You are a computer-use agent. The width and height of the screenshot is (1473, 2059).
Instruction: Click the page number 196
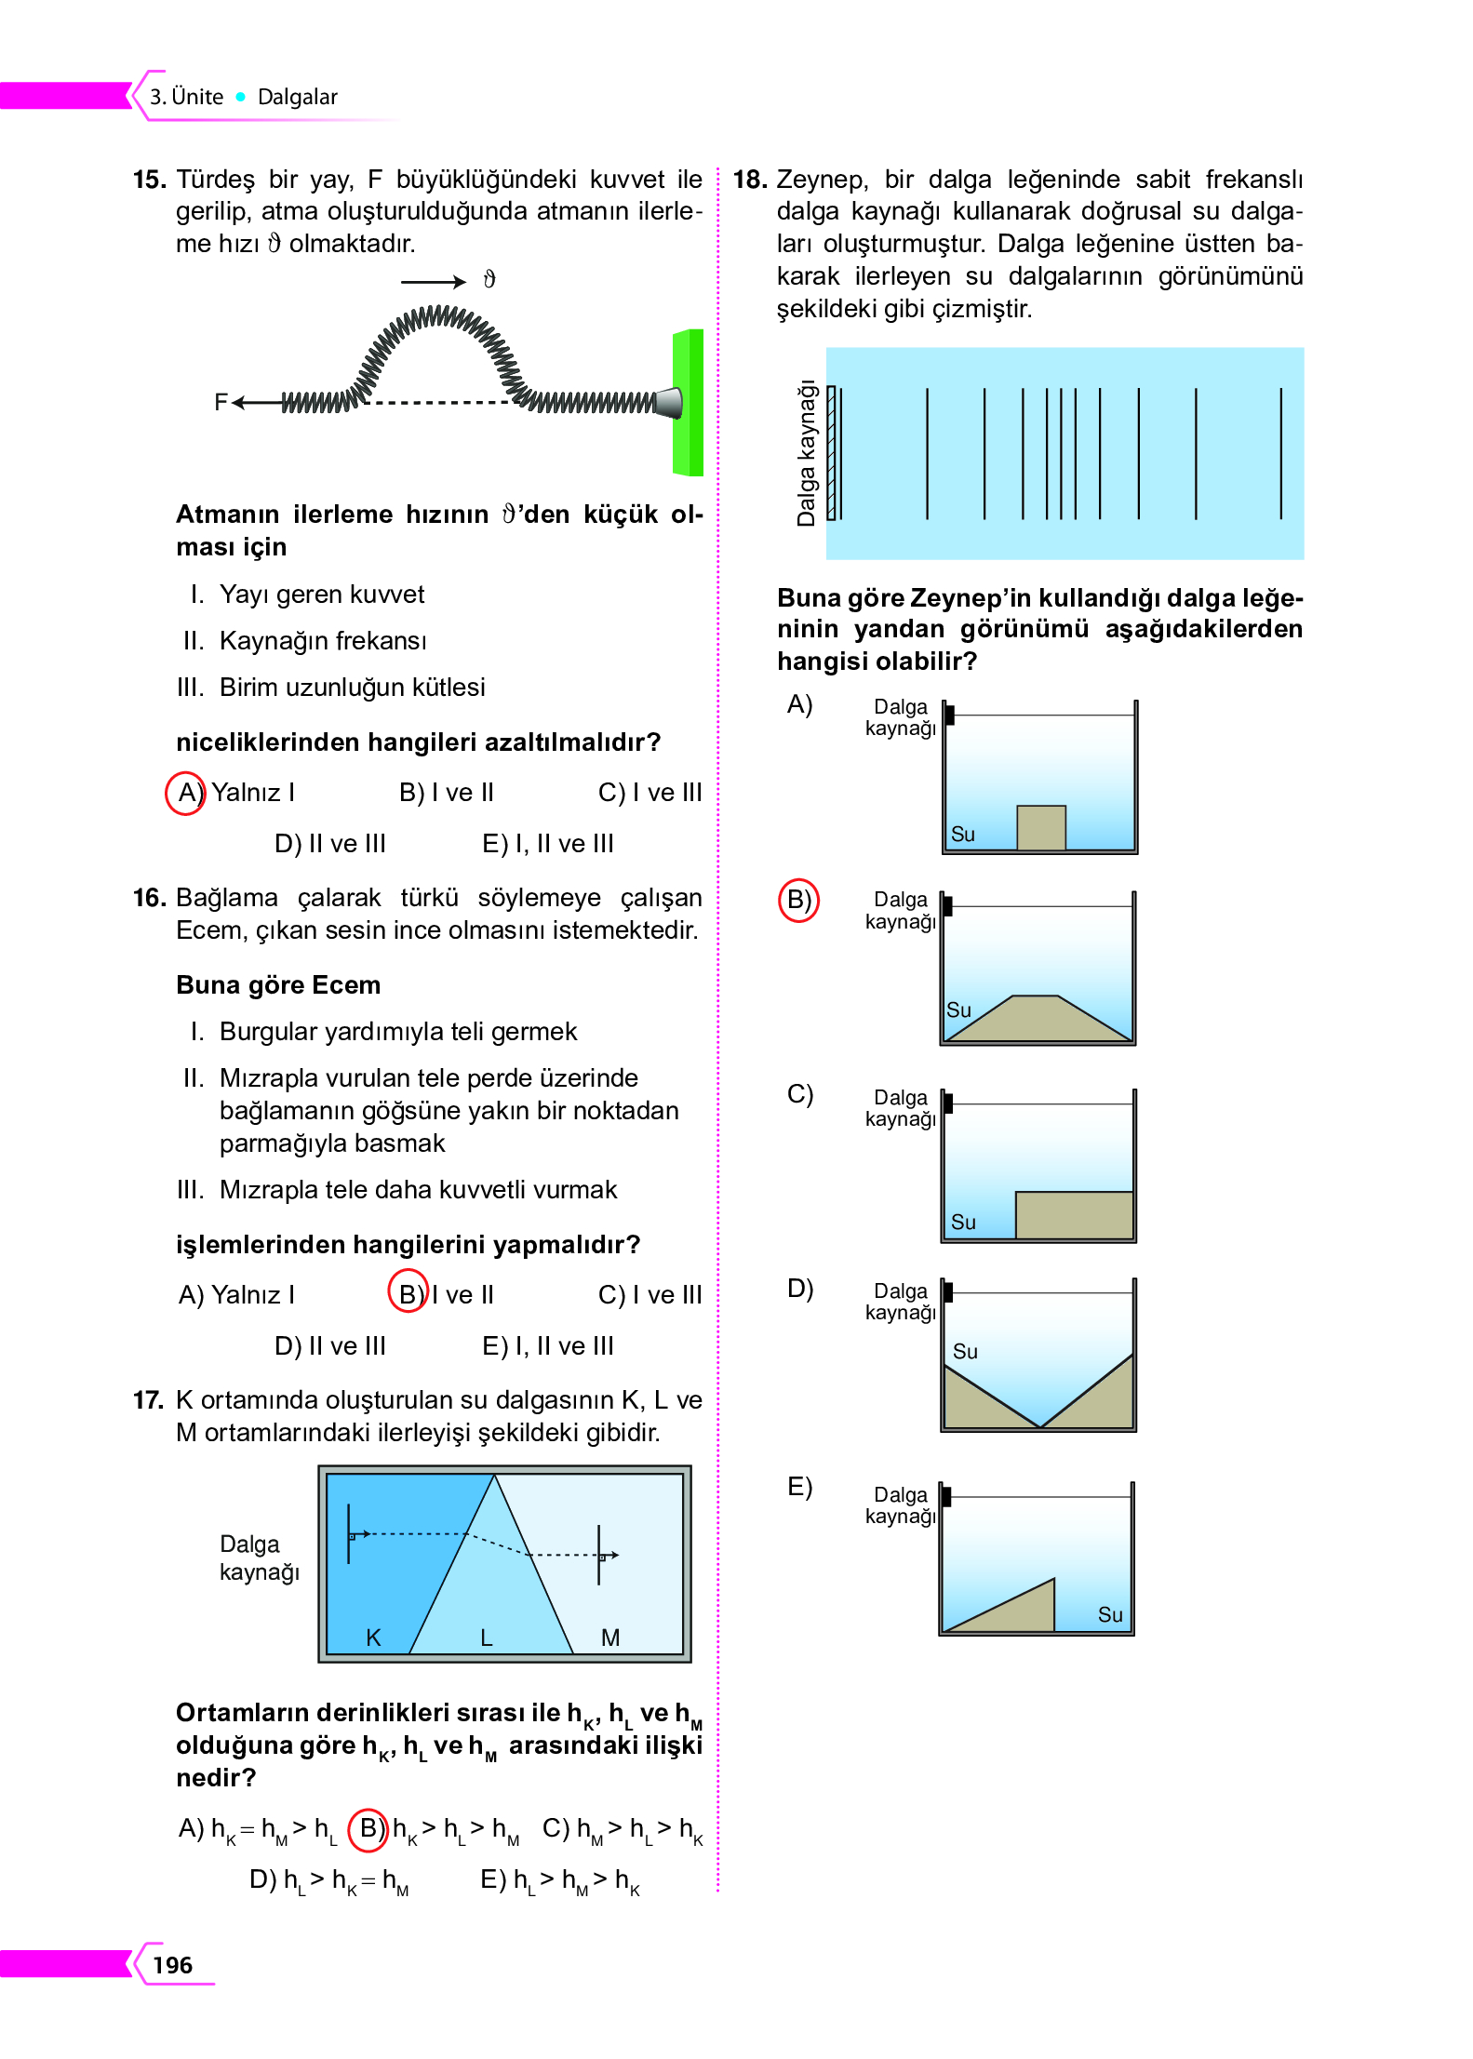click(172, 1964)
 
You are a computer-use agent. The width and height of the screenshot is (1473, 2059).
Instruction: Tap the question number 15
click(149, 179)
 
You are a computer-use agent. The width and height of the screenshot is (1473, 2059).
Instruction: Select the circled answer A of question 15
click(185, 793)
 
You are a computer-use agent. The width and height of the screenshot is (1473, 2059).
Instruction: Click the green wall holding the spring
click(688, 402)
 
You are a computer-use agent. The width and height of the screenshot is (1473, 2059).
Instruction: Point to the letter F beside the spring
click(221, 402)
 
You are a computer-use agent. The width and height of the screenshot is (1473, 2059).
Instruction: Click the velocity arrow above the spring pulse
click(433, 281)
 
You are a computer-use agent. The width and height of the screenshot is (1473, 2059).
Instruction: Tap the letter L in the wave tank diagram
click(486, 1638)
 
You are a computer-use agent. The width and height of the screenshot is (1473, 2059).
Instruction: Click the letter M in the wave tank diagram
click(610, 1638)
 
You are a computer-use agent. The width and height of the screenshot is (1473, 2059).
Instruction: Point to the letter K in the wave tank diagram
click(373, 1638)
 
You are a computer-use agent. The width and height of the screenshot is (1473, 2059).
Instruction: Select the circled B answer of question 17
click(368, 1828)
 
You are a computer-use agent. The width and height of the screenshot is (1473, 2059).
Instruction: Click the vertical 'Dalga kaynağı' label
click(806, 453)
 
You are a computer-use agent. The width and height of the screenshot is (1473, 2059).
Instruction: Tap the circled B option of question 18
click(798, 900)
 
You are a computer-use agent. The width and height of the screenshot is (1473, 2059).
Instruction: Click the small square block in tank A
click(1041, 827)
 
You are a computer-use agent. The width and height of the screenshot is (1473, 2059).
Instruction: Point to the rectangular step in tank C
click(1074, 1214)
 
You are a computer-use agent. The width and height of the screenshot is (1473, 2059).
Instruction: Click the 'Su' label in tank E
click(1110, 1614)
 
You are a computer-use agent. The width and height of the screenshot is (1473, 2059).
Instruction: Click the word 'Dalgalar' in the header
click(298, 97)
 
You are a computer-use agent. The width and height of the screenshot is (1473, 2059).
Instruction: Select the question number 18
click(750, 179)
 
